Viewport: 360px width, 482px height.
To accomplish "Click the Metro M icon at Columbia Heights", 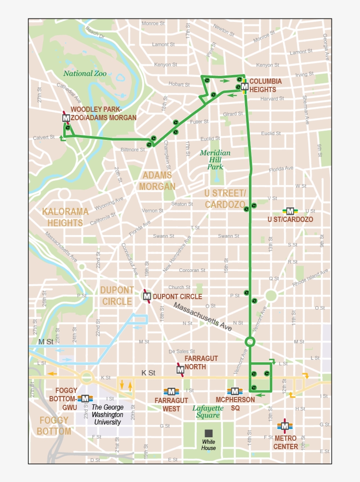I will pyautogui.click(x=245, y=87).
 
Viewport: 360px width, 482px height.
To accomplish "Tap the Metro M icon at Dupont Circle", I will pyautogui.click(x=147, y=296).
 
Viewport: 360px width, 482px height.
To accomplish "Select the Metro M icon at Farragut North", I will pyautogui.click(x=180, y=370).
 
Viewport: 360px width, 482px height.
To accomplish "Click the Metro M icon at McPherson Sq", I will pyautogui.click(x=235, y=391).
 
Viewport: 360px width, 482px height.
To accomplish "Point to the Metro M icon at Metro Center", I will pyautogui.click(x=285, y=425).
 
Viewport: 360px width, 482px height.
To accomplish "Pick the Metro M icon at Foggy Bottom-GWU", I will pyautogui.click(x=85, y=398).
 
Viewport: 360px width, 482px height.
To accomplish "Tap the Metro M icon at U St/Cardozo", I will pyautogui.click(x=290, y=211).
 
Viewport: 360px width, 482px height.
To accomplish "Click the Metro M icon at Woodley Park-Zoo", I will pyautogui.click(x=66, y=118).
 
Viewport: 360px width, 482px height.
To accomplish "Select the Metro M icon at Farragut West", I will pyautogui.click(x=171, y=391).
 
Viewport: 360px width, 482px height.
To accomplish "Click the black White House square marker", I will pyautogui.click(x=209, y=433).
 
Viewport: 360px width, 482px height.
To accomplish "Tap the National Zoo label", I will pyautogui.click(x=85, y=74).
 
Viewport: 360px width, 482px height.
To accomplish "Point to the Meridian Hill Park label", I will pyautogui.click(x=215, y=160).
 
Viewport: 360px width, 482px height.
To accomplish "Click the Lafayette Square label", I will pyautogui.click(x=208, y=412).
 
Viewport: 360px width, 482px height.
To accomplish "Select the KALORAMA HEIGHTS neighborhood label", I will pyautogui.click(x=65, y=217).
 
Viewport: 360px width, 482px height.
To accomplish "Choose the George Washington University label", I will pyautogui.click(x=107, y=414).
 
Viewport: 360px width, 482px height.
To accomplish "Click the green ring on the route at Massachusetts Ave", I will pyautogui.click(x=250, y=341).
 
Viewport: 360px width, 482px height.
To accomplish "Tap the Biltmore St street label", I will pyautogui.click(x=133, y=150).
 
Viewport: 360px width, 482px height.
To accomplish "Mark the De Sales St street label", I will pyautogui.click(x=182, y=351).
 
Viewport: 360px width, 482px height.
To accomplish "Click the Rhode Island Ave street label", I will pyautogui.click(x=311, y=278).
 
